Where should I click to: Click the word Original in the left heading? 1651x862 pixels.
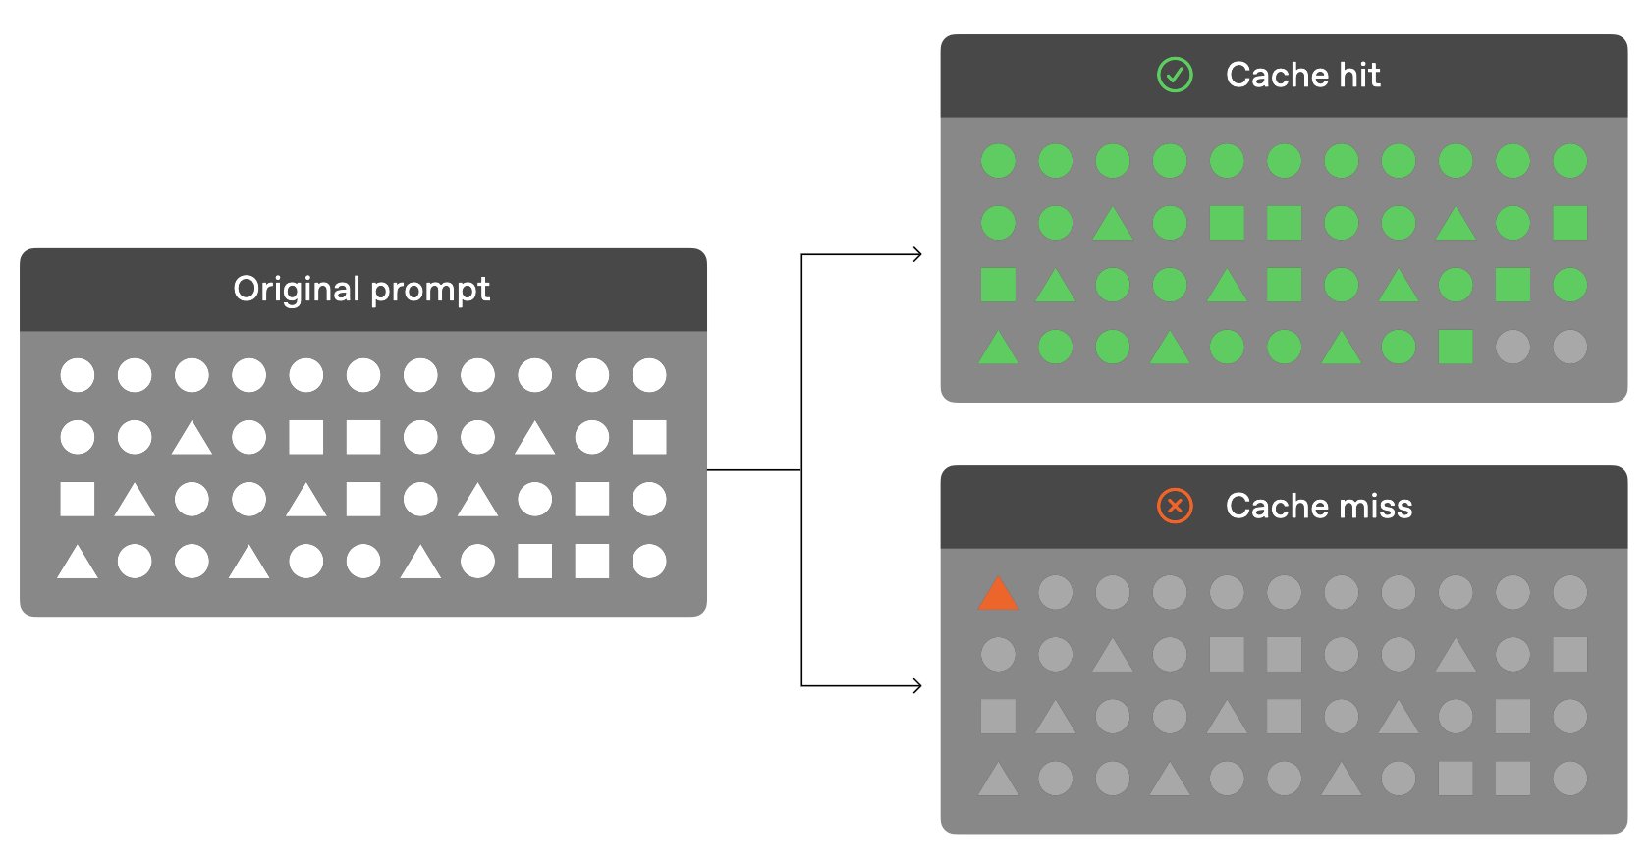coord(298,289)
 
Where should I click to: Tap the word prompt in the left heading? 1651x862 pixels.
coord(430,291)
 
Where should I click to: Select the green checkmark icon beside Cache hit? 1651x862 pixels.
coord(1175,75)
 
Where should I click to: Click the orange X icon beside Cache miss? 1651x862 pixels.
coord(1175,506)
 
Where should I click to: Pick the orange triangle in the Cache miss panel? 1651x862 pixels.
coord(998,593)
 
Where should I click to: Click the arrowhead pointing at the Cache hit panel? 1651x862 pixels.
coord(917,254)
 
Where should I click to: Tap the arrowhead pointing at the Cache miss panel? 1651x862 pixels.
coord(917,686)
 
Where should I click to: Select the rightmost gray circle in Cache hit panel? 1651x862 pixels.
coord(1569,347)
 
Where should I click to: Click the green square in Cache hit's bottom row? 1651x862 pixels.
coord(1456,347)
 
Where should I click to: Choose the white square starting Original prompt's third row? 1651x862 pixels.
coord(78,499)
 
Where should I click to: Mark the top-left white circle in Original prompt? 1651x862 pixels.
coord(78,375)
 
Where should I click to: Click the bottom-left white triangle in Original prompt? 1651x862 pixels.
coord(78,563)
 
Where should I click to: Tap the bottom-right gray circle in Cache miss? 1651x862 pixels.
coord(1569,778)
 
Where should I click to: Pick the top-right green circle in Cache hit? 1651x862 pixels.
coord(1569,161)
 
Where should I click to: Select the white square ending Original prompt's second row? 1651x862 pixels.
coord(649,437)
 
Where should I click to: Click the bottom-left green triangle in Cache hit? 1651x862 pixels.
coord(998,348)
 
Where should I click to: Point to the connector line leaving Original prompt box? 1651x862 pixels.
coord(754,469)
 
